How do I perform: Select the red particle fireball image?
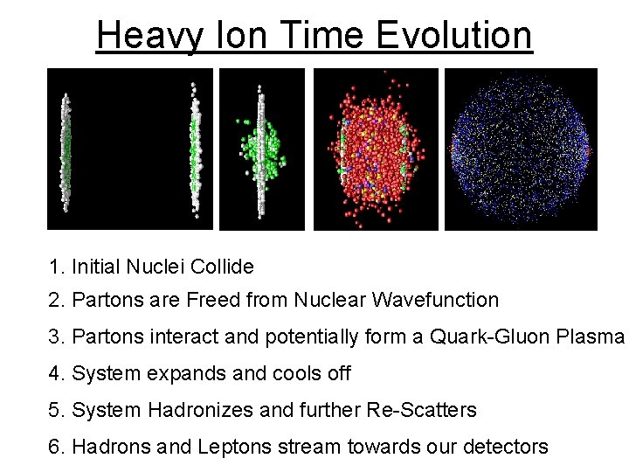pos(376,149)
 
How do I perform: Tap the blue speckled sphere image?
pos(521,149)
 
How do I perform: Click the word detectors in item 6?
pos(508,447)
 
